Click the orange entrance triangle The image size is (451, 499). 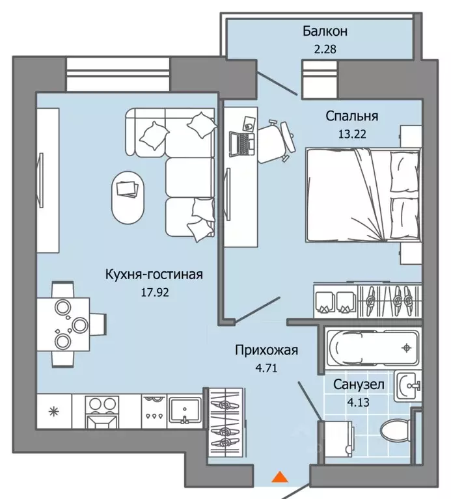[280, 477]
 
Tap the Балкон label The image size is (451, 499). [325, 31]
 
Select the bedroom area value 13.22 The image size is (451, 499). [352, 134]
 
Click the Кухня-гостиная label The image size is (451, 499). [154, 275]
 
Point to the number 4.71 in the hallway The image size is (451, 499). [266, 368]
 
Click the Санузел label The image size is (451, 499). [359, 384]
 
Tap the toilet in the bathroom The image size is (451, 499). [396, 430]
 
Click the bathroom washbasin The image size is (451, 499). [408, 386]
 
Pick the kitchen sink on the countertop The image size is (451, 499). [184, 410]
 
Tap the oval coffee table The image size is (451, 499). [128, 198]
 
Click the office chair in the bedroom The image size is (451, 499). [275, 141]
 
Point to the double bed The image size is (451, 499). [363, 195]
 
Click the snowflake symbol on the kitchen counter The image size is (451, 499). [53, 412]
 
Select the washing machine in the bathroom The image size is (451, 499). [336, 442]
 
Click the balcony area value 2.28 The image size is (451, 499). [325, 49]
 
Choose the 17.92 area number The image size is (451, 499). [155, 292]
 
